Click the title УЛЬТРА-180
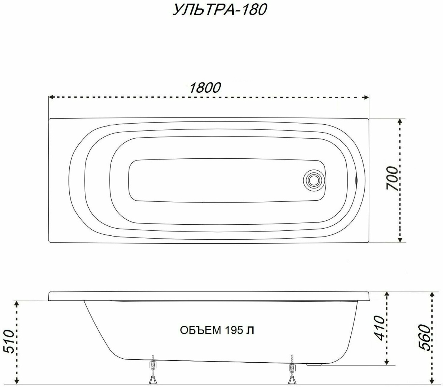coord(220,10)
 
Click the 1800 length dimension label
coord(205,88)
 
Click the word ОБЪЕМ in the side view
coord(200,330)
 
